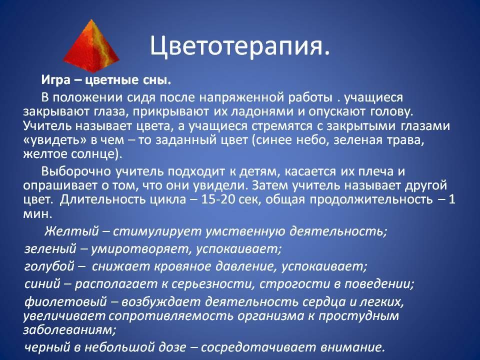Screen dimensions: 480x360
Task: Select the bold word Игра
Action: (x=55, y=80)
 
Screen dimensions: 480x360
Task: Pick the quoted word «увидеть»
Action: (x=56, y=140)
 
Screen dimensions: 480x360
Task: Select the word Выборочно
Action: (x=76, y=171)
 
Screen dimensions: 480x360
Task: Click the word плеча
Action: (x=377, y=171)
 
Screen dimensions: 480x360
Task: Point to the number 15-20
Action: (x=218, y=199)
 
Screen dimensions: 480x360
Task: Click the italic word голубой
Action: (x=49, y=266)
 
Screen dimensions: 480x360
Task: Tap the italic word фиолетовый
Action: (x=65, y=302)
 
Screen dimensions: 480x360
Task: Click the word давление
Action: (x=243, y=266)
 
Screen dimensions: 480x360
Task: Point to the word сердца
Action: (x=324, y=302)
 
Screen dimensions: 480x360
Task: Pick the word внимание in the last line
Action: (x=352, y=347)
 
